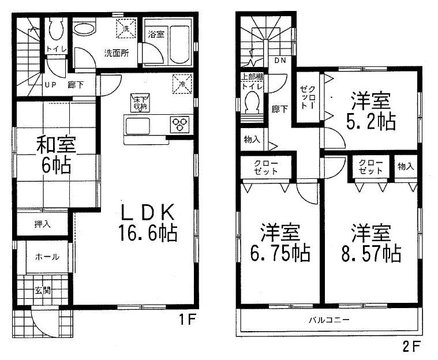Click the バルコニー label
(x=328, y=320)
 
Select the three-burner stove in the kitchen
(x=179, y=123)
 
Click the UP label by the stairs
(x=51, y=84)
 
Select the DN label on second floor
(x=280, y=59)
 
